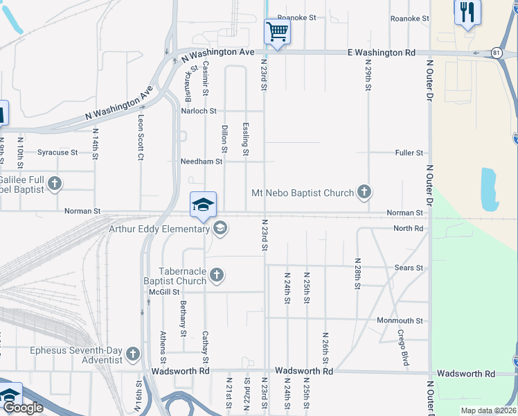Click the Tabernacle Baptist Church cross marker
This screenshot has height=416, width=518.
pos(216,276)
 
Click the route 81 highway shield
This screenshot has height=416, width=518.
pos(496,53)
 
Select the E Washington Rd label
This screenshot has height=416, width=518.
pos(381,53)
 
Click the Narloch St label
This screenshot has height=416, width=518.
pos(199,111)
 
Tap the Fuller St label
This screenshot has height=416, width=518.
pos(409,153)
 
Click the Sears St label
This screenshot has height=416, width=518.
pos(409,268)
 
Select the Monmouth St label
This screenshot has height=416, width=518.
pos(400,321)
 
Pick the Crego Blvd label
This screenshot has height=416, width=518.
pos(402,348)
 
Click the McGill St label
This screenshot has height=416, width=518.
pos(164,292)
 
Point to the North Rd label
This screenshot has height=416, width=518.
pos(408,229)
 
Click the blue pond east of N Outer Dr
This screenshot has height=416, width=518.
pos(488,189)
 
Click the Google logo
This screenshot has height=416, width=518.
pos(23,408)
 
